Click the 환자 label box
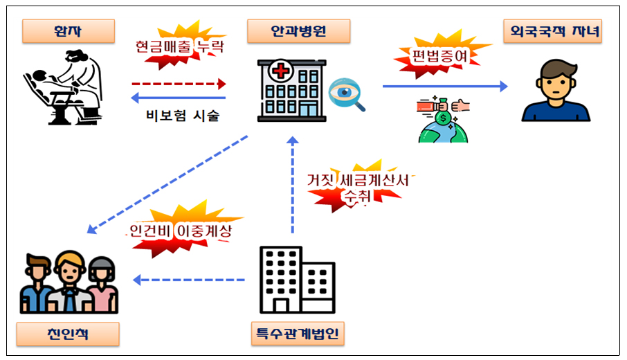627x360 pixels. [67, 30]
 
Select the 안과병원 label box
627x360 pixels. [298, 30]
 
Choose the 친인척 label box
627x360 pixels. [67, 334]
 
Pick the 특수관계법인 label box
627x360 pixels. [298, 334]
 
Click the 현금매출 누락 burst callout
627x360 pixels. [180, 48]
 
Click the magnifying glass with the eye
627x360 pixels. [346, 96]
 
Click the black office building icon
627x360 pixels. [296, 280]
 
